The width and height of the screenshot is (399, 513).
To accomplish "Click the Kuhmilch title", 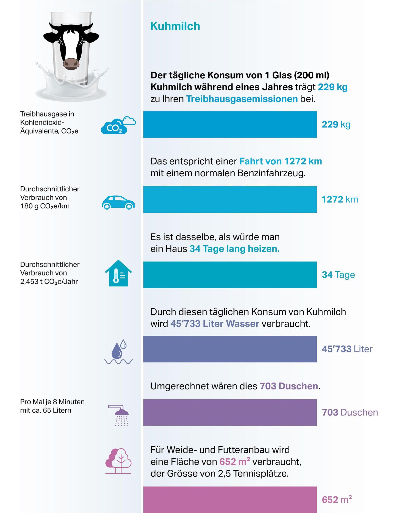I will tap(175, 26).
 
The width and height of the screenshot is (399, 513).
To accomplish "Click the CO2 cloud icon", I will tap(118, 125).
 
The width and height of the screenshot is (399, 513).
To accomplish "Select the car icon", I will tap(118, 202).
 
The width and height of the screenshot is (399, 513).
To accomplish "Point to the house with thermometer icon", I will tap(118, 273).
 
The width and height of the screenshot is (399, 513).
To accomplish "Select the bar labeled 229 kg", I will tap(230, 124).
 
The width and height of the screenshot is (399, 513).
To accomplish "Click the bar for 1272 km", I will tap(230, 200).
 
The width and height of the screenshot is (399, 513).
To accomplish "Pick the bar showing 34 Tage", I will tap(230, 275).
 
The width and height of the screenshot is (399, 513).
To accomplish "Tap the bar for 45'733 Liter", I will tap(230, 349).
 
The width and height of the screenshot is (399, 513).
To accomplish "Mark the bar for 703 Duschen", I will tap(230, 413).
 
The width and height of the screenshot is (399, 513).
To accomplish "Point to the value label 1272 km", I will tap(340, 200).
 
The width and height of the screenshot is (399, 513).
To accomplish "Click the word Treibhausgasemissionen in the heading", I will tap(242, 99).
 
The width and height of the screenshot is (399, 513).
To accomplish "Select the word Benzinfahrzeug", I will tap(271, 173).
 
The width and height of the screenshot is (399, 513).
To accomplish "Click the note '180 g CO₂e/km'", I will tap(45, 206).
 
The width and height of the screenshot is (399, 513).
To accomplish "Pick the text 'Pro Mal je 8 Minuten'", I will tap(52, 402).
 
